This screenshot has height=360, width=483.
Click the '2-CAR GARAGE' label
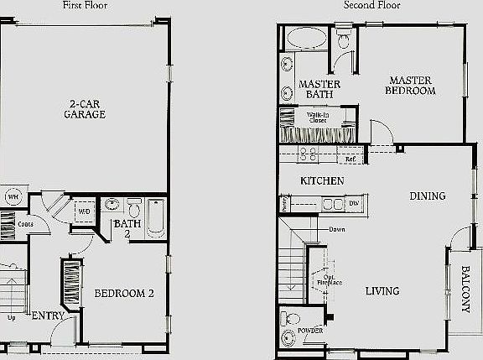point(85,109)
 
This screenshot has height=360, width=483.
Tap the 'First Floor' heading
point(85,5)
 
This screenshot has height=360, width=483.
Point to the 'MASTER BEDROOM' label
point(411,85)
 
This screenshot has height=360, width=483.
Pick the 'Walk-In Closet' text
point(317,117)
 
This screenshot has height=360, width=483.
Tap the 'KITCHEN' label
point(323,180)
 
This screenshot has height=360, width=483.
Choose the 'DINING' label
point(427,196)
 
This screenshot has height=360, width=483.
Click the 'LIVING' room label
point(382,291)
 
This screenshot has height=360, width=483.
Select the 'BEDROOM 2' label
point(124,294)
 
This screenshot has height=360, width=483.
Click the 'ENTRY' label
point(46,316)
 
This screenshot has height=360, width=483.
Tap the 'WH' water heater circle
point(13,198)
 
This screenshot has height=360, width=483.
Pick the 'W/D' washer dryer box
point(84,211)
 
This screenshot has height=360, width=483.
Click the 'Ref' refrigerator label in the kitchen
point(351,158)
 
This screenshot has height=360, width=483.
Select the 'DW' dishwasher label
point(354,204)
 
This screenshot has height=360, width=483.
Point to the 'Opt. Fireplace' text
point(330,279)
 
